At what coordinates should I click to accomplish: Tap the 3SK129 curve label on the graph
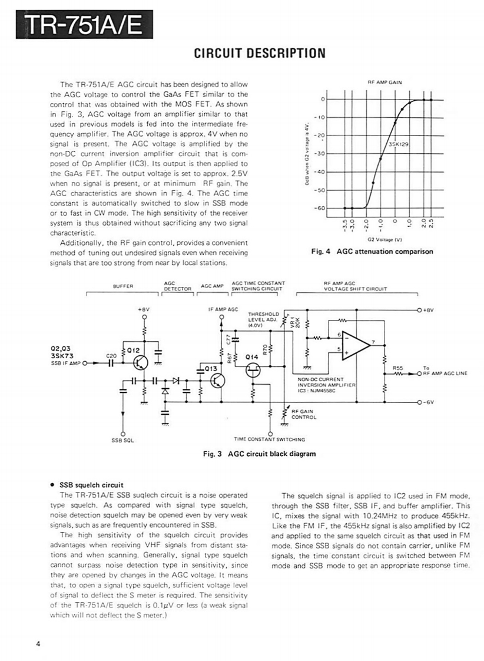pyautogui.click(x=399, y=143)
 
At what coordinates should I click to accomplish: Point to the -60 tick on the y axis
pyautogui.click(x=321, y=208)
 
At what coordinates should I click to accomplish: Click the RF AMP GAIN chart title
pyautogui.click(x=384, y=82)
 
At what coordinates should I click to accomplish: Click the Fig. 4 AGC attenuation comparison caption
pyautogui.click(x=372, y=252)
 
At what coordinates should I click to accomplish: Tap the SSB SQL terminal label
pyautogui.click(x=122, y=439)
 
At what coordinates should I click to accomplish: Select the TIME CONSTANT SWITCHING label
pyautogui.click(x=270, y=439)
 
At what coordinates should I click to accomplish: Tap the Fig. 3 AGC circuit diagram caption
pyautogui.click(x=259, y=454)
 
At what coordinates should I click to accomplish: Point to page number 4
pyautogui.click(x=38, y=643)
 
